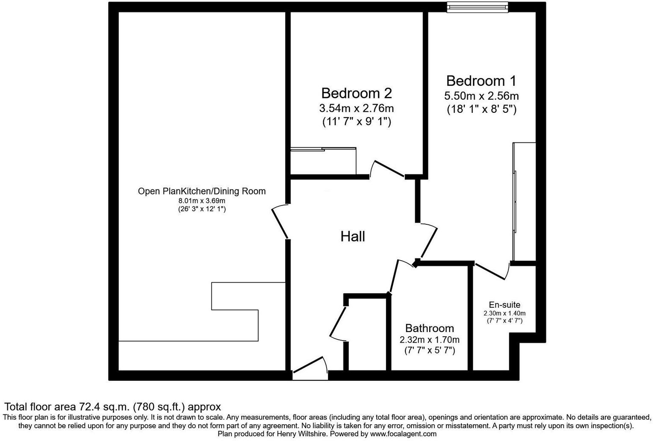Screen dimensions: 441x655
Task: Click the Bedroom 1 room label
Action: pos(481,81)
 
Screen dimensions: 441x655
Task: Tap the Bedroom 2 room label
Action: pos(356,93)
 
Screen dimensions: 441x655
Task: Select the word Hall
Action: pos(353,236)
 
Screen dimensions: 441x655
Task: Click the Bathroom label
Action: pos(429,328)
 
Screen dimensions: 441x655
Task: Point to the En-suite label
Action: pos(505,305)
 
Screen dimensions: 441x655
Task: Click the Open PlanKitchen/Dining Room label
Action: pos(201,191)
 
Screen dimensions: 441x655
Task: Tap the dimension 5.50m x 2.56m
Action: pos(481,96)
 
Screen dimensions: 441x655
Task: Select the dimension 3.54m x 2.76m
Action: pos(356,108)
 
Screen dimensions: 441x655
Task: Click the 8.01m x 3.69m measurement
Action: pos(201,201)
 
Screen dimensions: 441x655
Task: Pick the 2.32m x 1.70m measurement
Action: pos(429,340)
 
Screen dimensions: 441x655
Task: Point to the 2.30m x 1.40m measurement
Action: pos(505,313)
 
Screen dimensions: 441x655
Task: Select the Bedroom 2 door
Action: pos(387,169)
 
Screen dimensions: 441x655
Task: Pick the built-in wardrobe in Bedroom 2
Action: pos(323,161)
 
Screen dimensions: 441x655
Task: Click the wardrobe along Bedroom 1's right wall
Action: pos(524,201)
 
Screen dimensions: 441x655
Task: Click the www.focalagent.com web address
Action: pos(403,434)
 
